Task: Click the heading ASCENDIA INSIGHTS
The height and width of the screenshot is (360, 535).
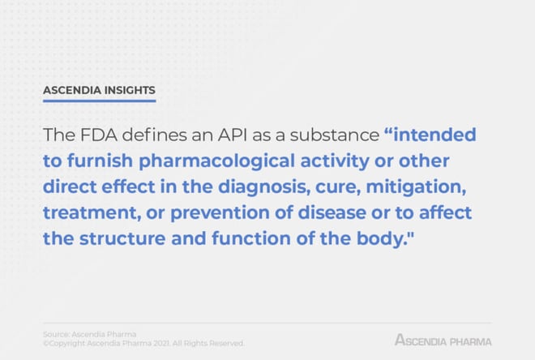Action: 99,90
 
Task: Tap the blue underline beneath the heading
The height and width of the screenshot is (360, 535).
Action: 99,101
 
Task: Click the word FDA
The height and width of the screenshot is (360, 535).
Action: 99,135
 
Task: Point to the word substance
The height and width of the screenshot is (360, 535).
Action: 335,135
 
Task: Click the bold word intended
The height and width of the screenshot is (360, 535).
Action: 434,135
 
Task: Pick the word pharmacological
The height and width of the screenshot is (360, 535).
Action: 216,161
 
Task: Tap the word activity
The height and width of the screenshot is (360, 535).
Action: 335,161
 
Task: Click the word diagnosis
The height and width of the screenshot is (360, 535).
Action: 264,187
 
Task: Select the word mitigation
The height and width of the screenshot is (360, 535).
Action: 416,187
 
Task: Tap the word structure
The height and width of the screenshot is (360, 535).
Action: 122,238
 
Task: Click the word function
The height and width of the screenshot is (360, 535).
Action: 251,238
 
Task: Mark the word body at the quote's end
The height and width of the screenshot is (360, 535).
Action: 380,238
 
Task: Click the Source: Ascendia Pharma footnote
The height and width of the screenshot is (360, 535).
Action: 90,334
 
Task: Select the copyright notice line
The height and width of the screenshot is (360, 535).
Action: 143,343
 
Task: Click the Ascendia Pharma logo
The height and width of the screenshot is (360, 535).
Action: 443,341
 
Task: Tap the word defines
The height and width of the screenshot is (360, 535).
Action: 154,135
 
